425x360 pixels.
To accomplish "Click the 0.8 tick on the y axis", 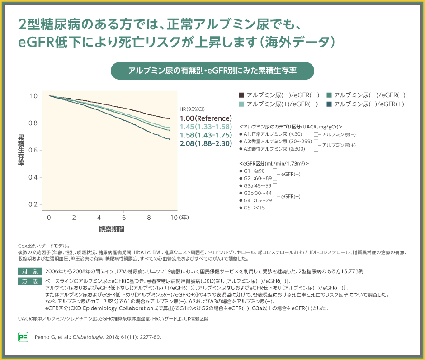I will click(33, 123).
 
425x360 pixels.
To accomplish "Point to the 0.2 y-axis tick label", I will click(33, 204).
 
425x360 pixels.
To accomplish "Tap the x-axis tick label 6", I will click(123, 217).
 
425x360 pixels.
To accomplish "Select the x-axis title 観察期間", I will click(112, 229).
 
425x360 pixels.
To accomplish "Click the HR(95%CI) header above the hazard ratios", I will click(192, 109).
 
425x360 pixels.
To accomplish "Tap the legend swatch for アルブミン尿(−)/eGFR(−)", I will click(241, 95).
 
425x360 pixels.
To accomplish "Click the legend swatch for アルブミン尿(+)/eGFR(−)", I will click(241, 104).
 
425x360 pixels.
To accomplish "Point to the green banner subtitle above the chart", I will click(212, 71).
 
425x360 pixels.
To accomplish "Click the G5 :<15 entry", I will click(254, 207).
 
